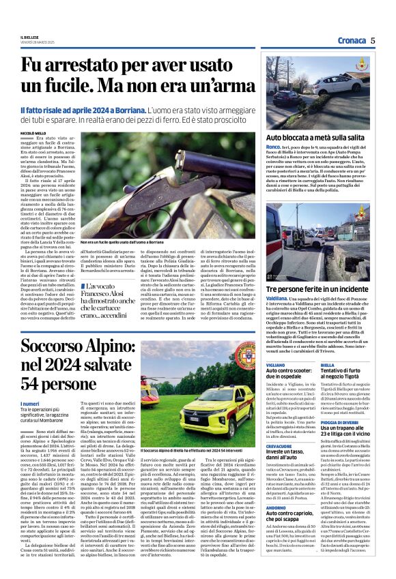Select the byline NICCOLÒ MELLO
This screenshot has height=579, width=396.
[34, 134]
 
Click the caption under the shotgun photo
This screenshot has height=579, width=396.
[130, 242]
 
